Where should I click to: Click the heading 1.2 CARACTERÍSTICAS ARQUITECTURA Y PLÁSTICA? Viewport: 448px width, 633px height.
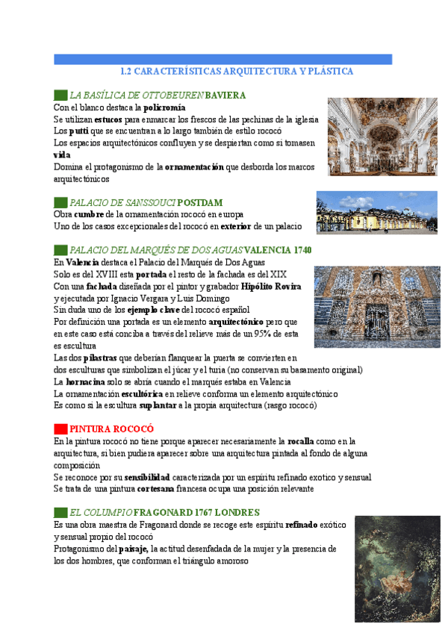point(237,72)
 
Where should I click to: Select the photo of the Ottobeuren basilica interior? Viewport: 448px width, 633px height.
point(361,136)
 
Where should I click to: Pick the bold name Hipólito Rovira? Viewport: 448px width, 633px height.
point(271,286)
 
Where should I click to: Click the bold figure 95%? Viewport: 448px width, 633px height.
point(263,334)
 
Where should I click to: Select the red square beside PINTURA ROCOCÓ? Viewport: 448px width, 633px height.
point(60,429)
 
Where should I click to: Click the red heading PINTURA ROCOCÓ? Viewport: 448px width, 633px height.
point(111,429)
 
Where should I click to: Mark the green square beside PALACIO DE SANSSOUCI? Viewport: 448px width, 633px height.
point(60,203)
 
